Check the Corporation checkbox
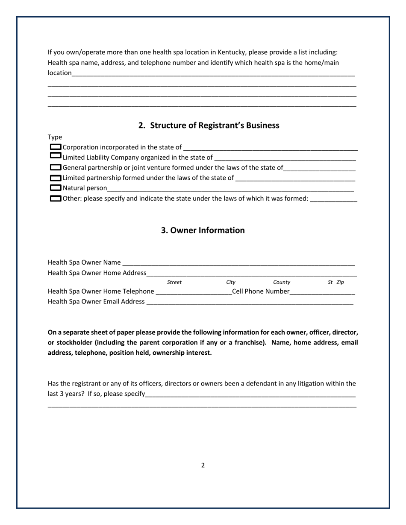[x=56, y=147]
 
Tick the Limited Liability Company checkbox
[x=56, y=155]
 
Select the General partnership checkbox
[x=56, y=167]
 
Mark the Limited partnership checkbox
[x=56, y=178]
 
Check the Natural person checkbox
[x=56, y=188]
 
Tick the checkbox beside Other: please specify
[x=56, y=198]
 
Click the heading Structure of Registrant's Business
[x=209, y=125]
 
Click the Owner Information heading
[x=203, y=230]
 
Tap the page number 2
[x=203, y=465]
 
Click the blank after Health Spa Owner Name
[x=238, y=263]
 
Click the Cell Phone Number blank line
[x=323, y=292]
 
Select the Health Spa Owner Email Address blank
[x=250, y=302]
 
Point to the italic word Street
[x=174, y=282]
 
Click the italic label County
[x=282, y=282]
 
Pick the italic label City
[x=231, y=282]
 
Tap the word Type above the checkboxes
[x=55, y=137]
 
